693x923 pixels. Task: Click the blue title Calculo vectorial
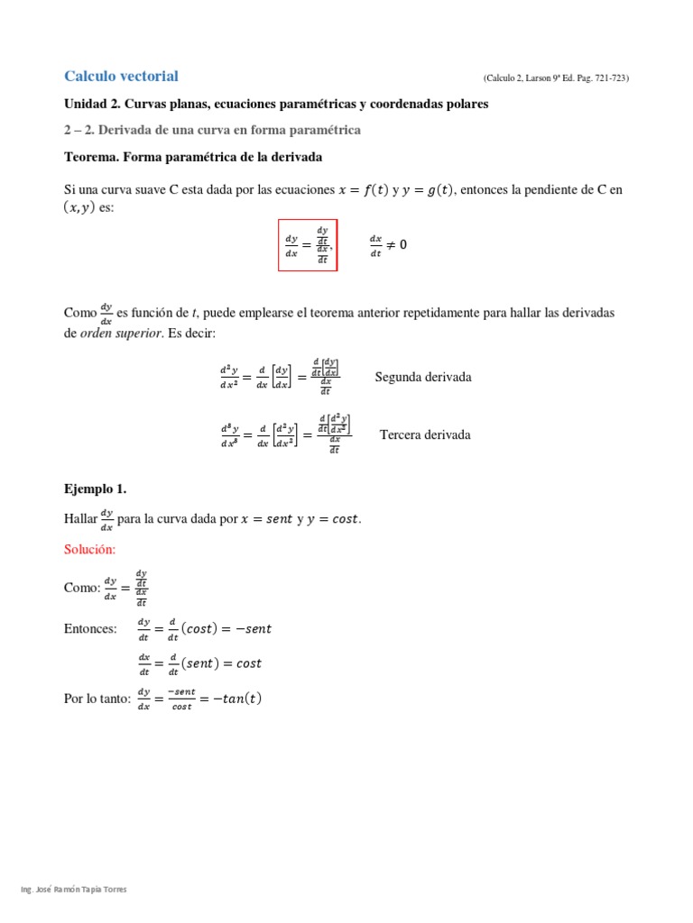coord(121,77)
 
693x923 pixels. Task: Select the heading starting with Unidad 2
coord(276,105)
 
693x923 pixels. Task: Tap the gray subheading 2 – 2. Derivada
coord(212,131)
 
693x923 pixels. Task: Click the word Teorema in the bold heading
coord(91,157)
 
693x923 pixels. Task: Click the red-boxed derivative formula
coord(308,244)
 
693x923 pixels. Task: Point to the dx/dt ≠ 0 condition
coord(388,245)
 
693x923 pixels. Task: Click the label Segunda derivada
coord(423,377)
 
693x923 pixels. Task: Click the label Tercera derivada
coord(425,434)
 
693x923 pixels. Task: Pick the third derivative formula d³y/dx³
coord(285,434)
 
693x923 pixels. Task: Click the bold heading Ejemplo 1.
coord(96,489)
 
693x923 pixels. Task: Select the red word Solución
coord(90,549)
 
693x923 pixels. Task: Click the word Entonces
coord(90,628)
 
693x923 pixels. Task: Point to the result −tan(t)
coord(233,699)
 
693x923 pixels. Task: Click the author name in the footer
coord(74,890)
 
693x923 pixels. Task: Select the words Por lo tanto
coord(95,699)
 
